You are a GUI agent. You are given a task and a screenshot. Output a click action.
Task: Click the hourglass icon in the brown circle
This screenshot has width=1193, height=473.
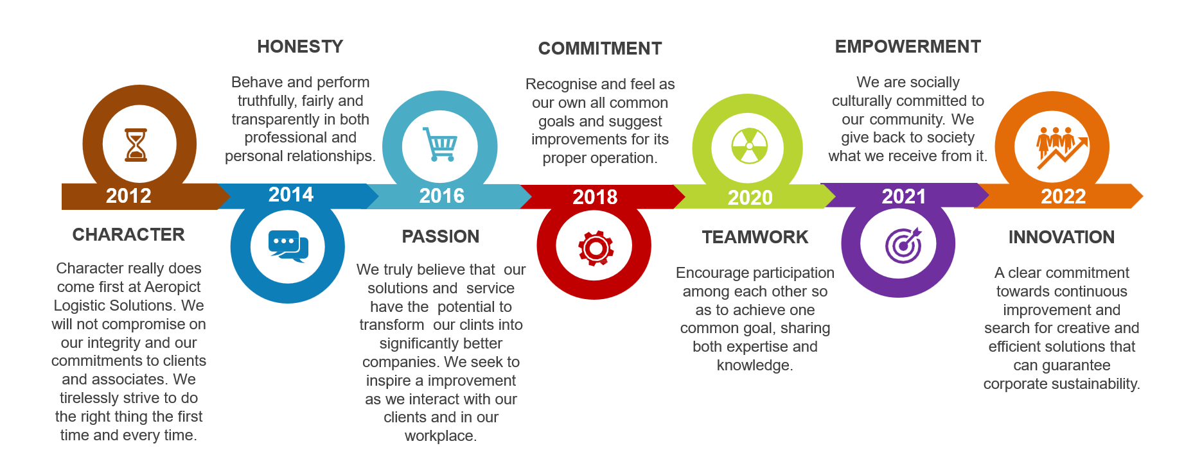(x=136, y=144)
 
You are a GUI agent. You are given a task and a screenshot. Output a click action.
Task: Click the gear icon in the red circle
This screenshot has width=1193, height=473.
(x=596, y=248)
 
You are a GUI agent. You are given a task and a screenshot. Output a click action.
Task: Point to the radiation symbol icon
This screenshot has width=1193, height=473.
(x=749, y=146)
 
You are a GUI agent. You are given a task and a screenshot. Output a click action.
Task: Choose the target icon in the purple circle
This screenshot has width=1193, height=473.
(x=903, y=245)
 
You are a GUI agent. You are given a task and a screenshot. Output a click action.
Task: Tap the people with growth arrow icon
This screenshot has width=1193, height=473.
(x=1061, y=147)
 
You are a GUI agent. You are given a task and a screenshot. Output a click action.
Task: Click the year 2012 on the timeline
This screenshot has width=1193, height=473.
(x=128, y=196)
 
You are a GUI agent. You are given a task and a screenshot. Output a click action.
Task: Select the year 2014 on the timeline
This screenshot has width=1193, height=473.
(x=291, y=194)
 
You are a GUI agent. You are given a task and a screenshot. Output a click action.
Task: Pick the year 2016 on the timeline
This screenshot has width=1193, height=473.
(x=442, y=196)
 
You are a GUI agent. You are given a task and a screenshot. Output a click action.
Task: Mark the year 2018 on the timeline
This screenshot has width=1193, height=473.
(x=595, y=197)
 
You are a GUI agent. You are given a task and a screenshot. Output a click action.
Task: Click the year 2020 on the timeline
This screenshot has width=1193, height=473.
(x=750, y=198)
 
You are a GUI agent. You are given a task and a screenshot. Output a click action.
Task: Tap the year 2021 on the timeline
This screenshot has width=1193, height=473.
(x=904, y=196)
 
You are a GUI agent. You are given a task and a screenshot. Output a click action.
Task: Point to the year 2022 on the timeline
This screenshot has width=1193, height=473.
(x=1063, y=196)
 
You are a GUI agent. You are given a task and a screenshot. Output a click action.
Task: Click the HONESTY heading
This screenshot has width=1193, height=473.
(x=300, y=47)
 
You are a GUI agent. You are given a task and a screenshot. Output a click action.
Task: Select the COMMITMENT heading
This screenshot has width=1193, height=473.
(x=600, y=49)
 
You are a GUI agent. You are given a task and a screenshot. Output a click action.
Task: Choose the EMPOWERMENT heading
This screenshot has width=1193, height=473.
(x=908, y=47)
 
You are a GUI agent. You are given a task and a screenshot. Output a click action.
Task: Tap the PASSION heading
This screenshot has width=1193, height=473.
(x=441, y=237)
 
